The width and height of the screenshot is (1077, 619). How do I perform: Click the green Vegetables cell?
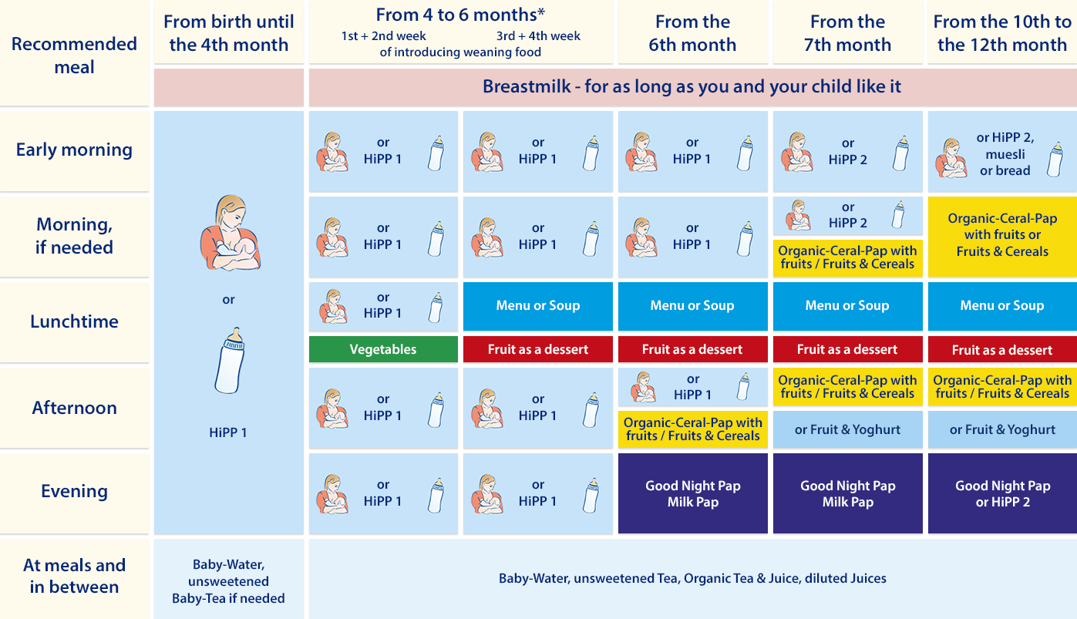coord(383,349)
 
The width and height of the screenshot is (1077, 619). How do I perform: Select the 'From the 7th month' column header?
coord(847,33)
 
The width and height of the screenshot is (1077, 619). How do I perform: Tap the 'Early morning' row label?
coord(74,150)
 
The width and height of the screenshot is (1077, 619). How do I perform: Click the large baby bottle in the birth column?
coord(230,361)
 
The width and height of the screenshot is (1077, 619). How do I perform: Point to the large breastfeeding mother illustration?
coord(230,232)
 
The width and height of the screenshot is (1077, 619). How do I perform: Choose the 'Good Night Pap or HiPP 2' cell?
coord(1002,493)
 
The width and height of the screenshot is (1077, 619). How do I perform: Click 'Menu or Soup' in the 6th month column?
coord(692,306)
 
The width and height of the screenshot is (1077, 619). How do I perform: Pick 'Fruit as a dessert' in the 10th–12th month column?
coord(1002,349)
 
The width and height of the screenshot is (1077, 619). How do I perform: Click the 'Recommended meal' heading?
coord(74,56)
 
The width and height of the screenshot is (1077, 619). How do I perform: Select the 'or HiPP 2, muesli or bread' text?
coord(1005,154)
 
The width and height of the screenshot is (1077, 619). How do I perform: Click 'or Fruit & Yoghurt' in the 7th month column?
coord(847,429)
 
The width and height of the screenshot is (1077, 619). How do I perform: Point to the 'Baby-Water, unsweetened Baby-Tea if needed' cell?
coord(228,581)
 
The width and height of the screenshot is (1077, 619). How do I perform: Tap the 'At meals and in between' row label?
coord(74,576)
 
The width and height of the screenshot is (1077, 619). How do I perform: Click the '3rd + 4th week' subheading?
coord(538,36)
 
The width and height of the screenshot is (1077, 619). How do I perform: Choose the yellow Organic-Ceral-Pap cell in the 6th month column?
coord(692,429)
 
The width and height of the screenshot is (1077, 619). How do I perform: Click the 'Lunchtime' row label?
coord(74,321)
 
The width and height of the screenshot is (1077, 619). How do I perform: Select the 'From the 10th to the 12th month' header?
coord(1002,33)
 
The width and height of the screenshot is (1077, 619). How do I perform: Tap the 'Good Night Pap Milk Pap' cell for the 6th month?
coord(692,493)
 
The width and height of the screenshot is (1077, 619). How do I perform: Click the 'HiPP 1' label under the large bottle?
coord(228,432)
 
